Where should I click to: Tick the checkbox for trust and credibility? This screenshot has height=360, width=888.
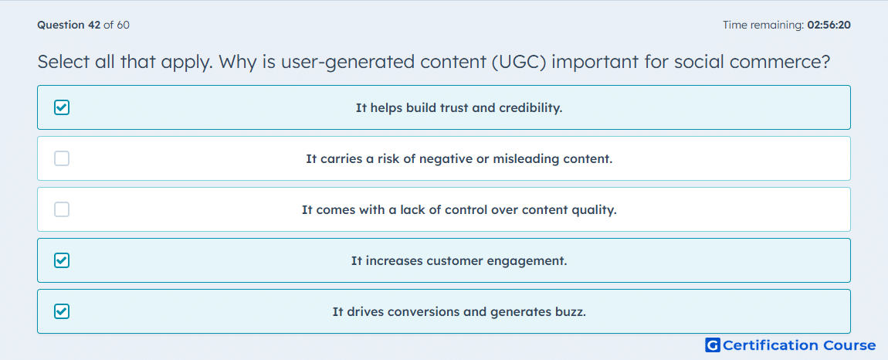62,107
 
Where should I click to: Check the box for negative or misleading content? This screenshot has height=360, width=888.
62,158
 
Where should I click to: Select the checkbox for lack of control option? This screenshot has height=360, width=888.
62,209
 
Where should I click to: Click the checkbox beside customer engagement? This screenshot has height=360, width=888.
62,260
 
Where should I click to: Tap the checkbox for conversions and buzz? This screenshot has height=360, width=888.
62,311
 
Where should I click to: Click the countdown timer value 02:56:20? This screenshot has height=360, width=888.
829,25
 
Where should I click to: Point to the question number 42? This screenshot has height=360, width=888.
93,25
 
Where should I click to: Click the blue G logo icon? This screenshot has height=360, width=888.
713,345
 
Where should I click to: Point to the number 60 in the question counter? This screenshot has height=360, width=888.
124,25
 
